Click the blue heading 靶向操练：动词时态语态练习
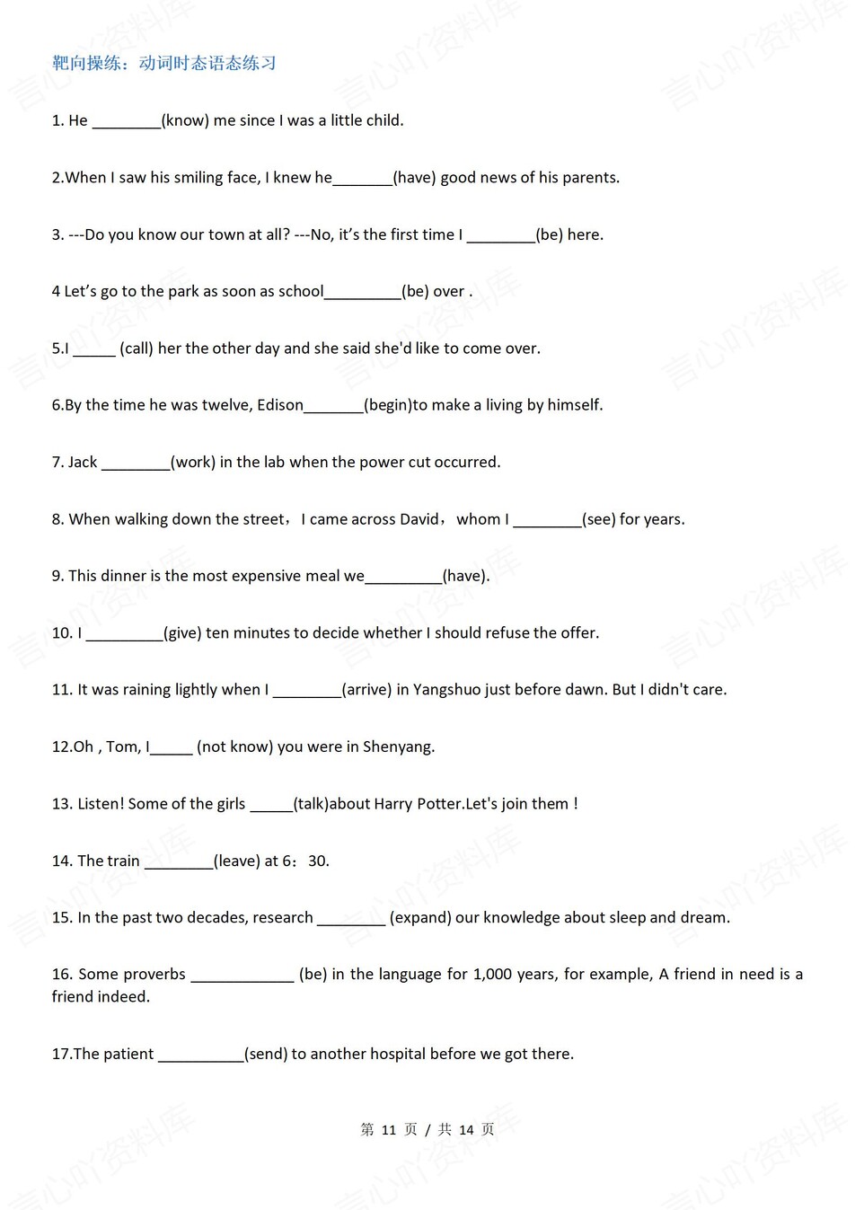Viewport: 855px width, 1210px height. (x=164, y=63)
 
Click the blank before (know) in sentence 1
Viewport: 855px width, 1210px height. (x=127, y=121)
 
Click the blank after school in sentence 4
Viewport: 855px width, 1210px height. (x=362, y=292)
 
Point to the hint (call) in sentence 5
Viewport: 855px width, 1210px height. (x=137, y=349)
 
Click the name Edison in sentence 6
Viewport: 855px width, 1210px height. (x=280, y=405)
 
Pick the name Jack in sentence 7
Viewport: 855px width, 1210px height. (x=83, y=463)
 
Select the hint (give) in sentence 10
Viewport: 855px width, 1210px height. (x=182, y=633)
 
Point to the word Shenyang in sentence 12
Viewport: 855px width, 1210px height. (x=399, y=747)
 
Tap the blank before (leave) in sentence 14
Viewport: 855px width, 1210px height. (x=179, y=861)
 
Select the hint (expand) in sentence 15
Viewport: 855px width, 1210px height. (x=420, y=918)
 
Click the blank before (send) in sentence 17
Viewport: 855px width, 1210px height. (x=201, y=1055)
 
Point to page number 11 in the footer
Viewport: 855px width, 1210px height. (x=389, y=1130)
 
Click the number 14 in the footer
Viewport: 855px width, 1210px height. (x=466, y=1130)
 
